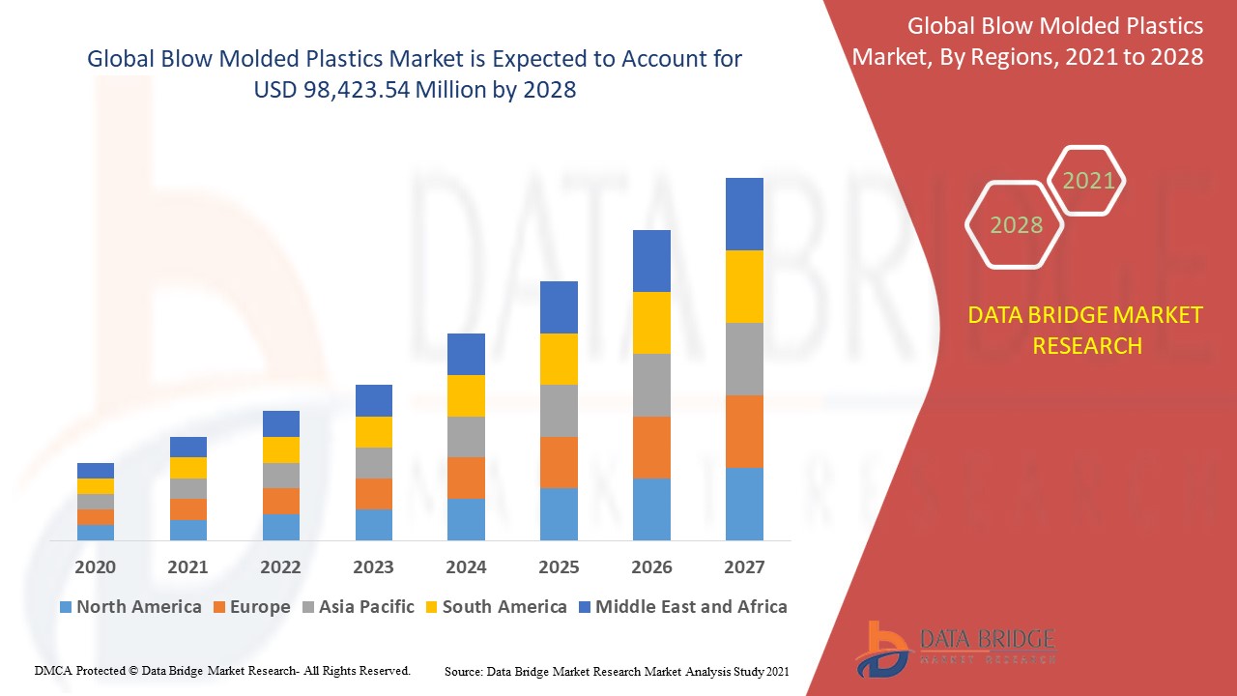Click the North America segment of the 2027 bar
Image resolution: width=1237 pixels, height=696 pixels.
pyautogui.click(x=744, y=504)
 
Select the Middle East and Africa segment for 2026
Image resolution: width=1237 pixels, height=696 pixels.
pyautogui.click(x=651, y=261)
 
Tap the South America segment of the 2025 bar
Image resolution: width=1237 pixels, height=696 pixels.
pyautogui.click(x=559, y=359)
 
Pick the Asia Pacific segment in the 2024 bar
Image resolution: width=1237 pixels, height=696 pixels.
pyautogui.click(x=466, y=437)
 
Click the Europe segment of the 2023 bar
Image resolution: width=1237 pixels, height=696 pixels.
pyautogui.click(x=374, y=494)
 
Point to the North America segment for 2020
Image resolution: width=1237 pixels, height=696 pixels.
pyautogui.click(x=96, y=532)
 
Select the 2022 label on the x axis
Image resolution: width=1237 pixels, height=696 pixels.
pyautogui.click(x=280, y=567)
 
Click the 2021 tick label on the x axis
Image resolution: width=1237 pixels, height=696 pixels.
pyautogui.click(x=187, y=567)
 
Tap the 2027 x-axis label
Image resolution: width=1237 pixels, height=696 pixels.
pyautogui.click(x=744, y=567)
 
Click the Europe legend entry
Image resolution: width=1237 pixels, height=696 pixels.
pyautogui.click(x=259, y=607)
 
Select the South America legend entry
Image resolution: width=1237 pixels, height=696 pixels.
pyautogui.click(x=503, y=607)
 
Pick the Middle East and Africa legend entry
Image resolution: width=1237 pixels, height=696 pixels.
pyautogui.click(x=690, y=607)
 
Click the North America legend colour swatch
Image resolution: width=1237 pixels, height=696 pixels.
pyautogui.click(x=66, y=608)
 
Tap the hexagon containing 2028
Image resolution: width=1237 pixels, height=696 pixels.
pyautogui.click(x=1015, y=225)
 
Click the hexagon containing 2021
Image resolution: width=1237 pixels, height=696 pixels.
pyautogui.click(x=1088, y=181)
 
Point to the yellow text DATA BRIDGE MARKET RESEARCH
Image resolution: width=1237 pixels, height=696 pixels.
pyautogui.click(x=1086, y=331)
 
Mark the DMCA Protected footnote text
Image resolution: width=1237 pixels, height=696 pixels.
pyautogui.click(x=222, y=670)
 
